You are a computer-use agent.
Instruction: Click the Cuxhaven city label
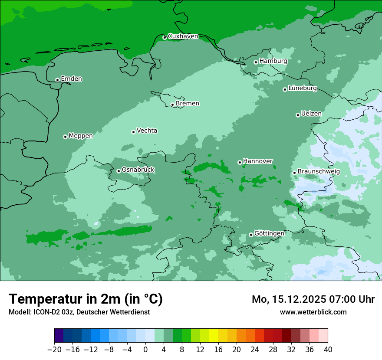183,36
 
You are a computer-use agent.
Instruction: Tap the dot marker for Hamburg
256,62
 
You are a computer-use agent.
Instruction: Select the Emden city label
71,79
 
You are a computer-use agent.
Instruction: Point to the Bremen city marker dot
172,105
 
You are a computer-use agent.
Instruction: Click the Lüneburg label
303,88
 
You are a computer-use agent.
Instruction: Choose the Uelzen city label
311,114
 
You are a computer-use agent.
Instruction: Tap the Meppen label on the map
81,136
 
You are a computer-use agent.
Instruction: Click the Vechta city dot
133,132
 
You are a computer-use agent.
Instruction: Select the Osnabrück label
138,170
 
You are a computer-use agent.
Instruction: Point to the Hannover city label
257,161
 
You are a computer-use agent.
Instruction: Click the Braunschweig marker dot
294,173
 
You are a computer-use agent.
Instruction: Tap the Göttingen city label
269,233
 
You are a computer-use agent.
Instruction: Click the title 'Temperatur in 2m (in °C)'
86,299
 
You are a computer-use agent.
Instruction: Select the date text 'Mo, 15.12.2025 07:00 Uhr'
313,299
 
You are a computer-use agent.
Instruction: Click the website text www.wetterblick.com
313,312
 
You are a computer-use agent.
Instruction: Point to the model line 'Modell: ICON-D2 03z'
79,312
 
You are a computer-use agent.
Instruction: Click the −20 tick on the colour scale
55,349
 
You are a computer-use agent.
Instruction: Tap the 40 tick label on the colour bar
328,349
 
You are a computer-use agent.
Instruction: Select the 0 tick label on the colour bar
145,349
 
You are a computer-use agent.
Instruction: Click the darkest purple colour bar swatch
59,336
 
